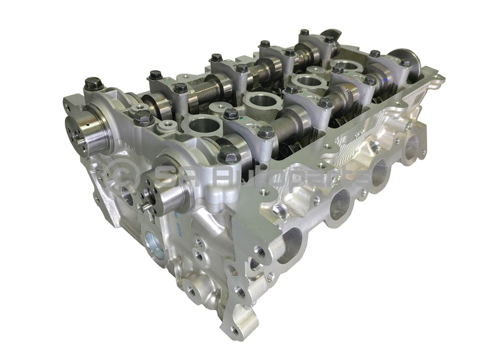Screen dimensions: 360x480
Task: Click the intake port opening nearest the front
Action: [x=290, y=243]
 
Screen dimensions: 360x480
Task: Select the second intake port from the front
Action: [x=340, y=205]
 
